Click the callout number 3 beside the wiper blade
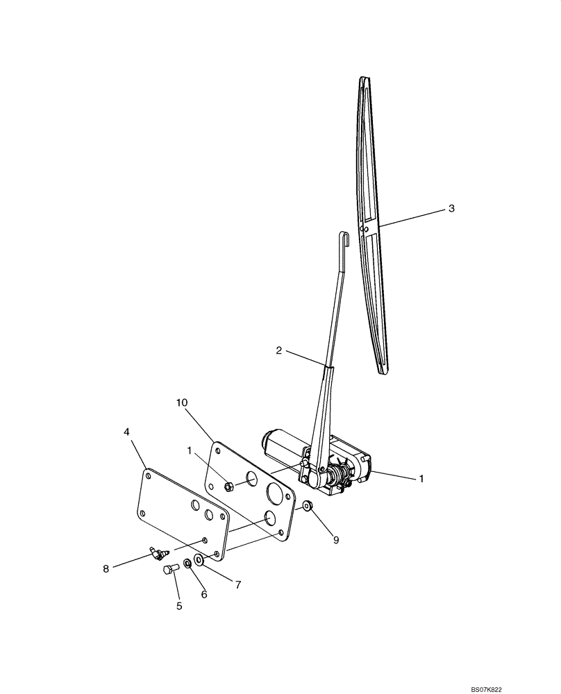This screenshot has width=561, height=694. click(x=451, y=208)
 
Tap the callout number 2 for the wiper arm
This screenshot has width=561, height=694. click(x=279, y=350)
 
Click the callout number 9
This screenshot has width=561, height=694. click(x=336, y=539)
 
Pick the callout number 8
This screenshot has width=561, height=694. click(x=106, y=568)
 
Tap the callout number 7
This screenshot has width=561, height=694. click(x=237, y=585)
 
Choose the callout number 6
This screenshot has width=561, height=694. click(x=203, y=594)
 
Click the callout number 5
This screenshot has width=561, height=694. click(x=178, y=606)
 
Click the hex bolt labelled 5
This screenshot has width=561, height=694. click(x=169, y=570)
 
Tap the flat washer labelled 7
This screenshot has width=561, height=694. click(x=199, y=559)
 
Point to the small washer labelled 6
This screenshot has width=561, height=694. click(x=187, y=563)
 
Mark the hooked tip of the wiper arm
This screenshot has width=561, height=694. click(x=342, y=239)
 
